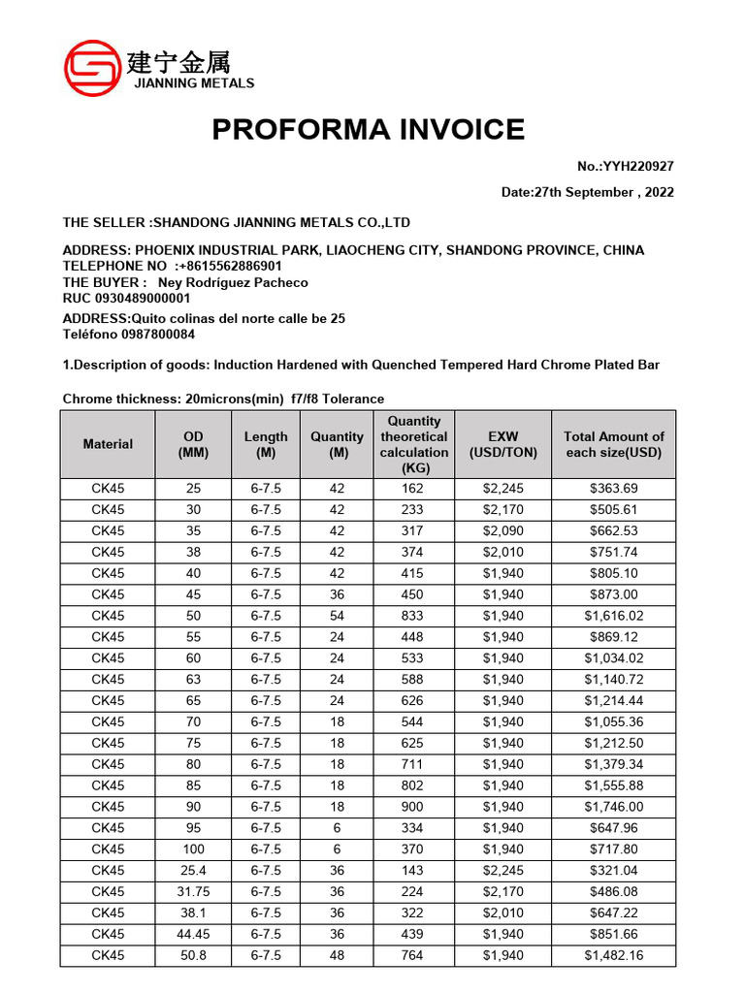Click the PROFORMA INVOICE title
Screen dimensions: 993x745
pyautogui.click(x=369, y=129)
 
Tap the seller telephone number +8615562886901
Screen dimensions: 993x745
pyautogui.click(x=229, y=266)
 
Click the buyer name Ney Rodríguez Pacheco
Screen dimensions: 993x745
pyautogui.click(x=240, y=282)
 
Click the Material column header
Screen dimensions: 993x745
pyautogui.click(x=108, y=444)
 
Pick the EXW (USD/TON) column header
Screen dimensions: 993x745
pyautogui.click(x=502, y=444)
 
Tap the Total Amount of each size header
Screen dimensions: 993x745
pyautogui.click(x=613, y=444)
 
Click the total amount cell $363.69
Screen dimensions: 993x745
pyautogui.click(x=613, y=489)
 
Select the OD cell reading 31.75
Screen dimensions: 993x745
pyautogui.click(x=193, y=892)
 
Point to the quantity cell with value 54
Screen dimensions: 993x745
pyautogui.click(x=337, y=616)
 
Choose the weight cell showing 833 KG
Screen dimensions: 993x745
pyautogui.click(x=412, y=616)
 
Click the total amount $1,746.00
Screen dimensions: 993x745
pyautogui.click(x=613, y=807)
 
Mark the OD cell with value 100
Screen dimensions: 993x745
pyautogui.click(x=193, y=849)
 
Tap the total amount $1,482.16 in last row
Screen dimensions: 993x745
pyautogui.click(x=613, y=956)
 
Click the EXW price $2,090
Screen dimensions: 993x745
pyautogui.click(x=502, y=530)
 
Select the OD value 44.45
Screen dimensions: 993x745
pyautogui.click(x=193, y=935)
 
